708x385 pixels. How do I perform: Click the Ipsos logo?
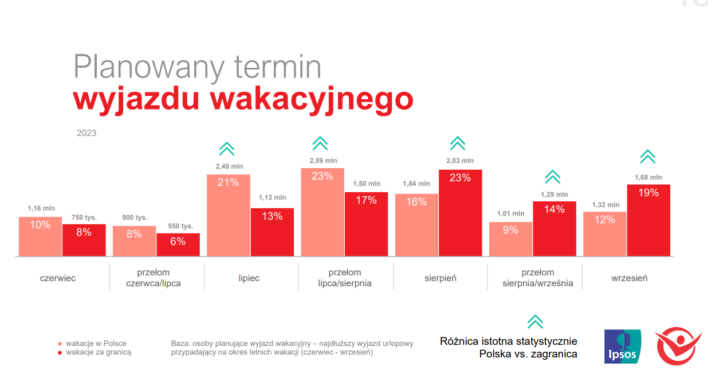click(623, 346)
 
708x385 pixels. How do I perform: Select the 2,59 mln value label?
click(323, 161)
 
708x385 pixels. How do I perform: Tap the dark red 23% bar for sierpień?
click(461, 213)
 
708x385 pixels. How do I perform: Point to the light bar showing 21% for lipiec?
click(228, 215)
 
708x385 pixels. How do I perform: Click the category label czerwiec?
click(58, 278)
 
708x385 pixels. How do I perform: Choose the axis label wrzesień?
click(629, 278)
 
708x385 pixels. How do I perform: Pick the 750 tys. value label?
click(84, 217)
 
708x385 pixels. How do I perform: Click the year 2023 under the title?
click(86, 133)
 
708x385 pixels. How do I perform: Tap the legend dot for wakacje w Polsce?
click(59, 344)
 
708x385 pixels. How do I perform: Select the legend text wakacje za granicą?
click(99, 352)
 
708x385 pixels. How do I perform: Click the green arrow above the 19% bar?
click(648, 156)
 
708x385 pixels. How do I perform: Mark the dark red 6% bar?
click(178, 244)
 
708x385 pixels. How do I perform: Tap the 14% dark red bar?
click(554, 228)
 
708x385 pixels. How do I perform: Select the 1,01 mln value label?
click(510, 213)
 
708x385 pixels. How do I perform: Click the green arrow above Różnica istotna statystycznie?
click(535, 322)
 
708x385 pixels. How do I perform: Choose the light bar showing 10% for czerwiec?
click(40, 236)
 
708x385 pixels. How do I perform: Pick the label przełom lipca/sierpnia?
click(345, 278)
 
